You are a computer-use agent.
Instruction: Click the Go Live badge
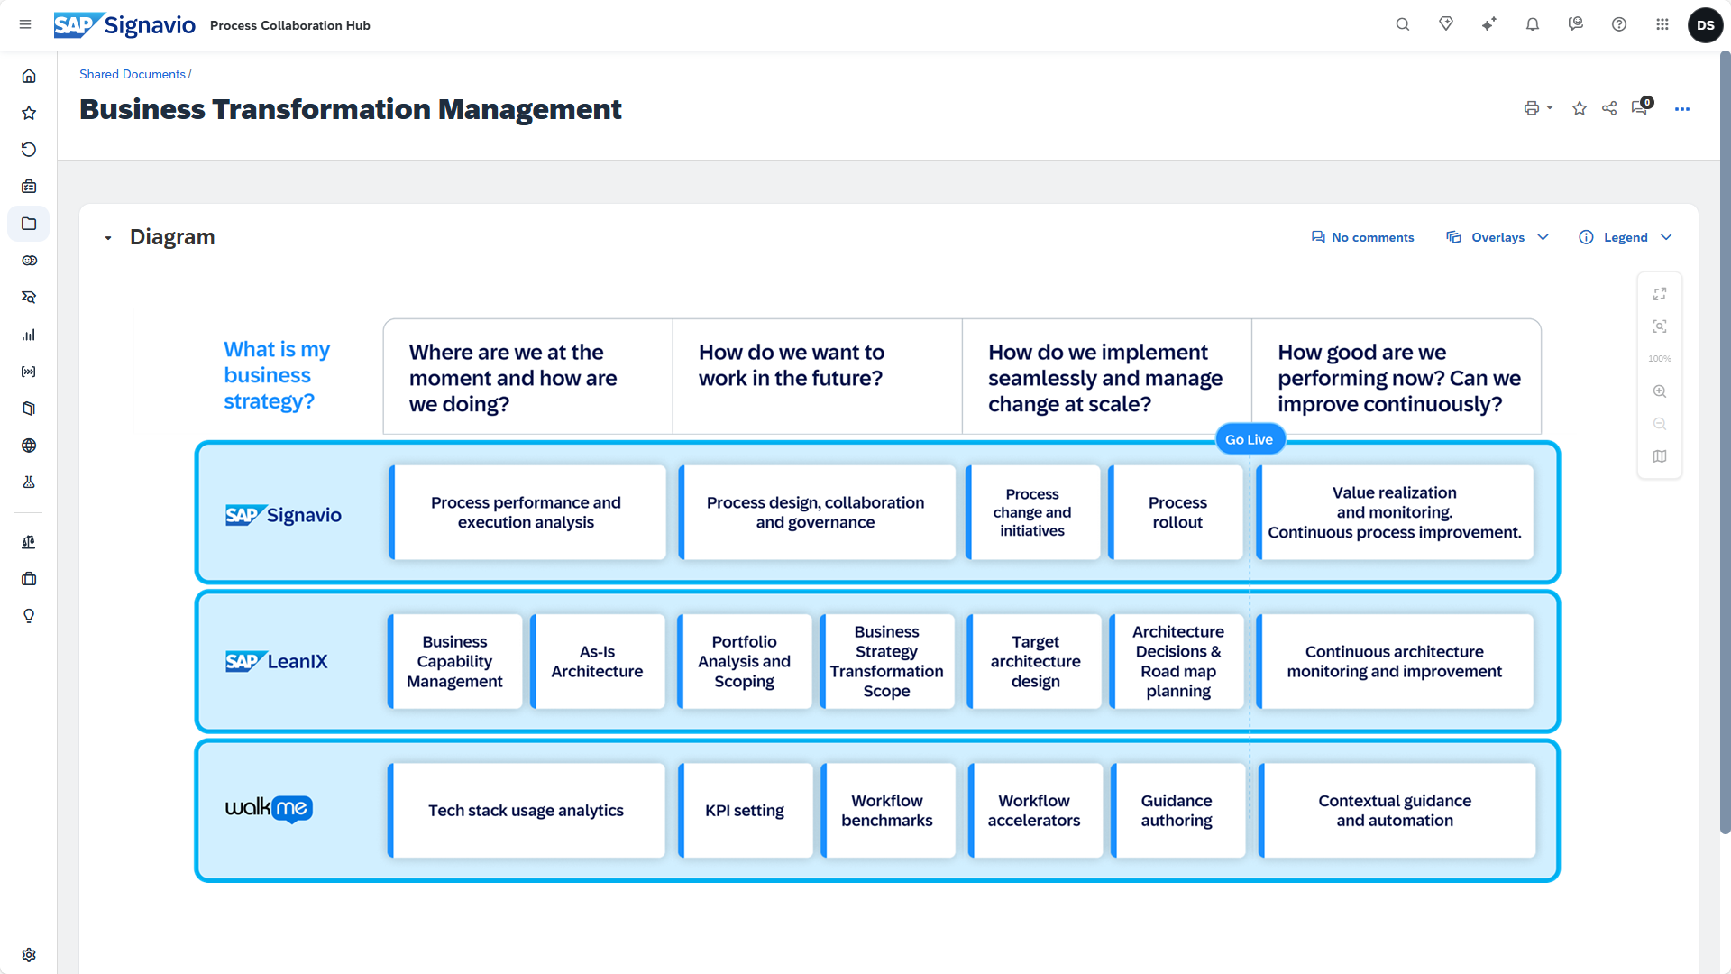pyautogui.click(x=1249, y=439)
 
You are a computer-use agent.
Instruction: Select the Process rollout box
pyautogui.click(x=1177, y=512)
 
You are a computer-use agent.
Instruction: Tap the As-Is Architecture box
pyautogui.click(x=597, y=661)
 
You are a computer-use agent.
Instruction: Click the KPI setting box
pyautogui.click(x=745, y=810)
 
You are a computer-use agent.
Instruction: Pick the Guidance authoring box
pyautogui.click(x=1177, y=810)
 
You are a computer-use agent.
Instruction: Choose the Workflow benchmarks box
pyautogui.click(x=887, y=810)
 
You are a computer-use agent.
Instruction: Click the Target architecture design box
pyautogui.click(x=1035, y=661)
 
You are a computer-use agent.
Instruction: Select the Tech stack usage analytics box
pyautogui.click(x=527, y=810)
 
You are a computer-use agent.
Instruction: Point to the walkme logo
pyautogui.click(x=269, y=808)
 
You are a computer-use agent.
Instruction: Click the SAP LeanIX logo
pyautogui.click(x=276, y=661)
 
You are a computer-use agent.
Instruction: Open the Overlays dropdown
pyautogui.click(x=1497, y=237)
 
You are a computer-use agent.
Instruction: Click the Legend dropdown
pyautogui.click(x=1626, y=237)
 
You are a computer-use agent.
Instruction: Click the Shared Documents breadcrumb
pyautogui.click(x=133, y=74)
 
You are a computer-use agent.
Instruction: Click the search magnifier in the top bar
pyautogui.click(x=1403, y=24)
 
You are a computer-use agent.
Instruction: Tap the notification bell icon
pyautogui.click(x=1533, y=24)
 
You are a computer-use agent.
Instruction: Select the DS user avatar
pyautogui.click(x=1705, y=25)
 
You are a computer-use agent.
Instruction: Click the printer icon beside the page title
pyautogui.click(x=1532, y=108)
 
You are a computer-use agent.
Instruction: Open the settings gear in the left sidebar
pyautogui.click(x=29, y=954)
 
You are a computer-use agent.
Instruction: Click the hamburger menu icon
pyautogui.click(x=25, y=24)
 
